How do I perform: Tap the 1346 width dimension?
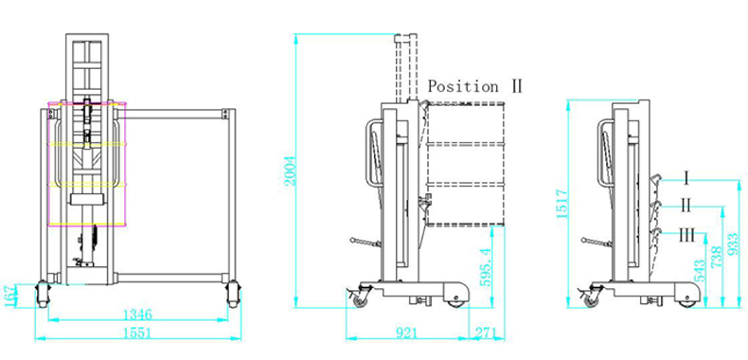(x=137, y=315)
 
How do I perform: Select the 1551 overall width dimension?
(x=136, y=333)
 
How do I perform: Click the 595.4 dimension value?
(x=486, y=266)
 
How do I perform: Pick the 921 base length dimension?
(x=407, y=333)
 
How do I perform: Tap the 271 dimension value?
(x=487, y=333)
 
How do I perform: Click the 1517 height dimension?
(x=562, y=204)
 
